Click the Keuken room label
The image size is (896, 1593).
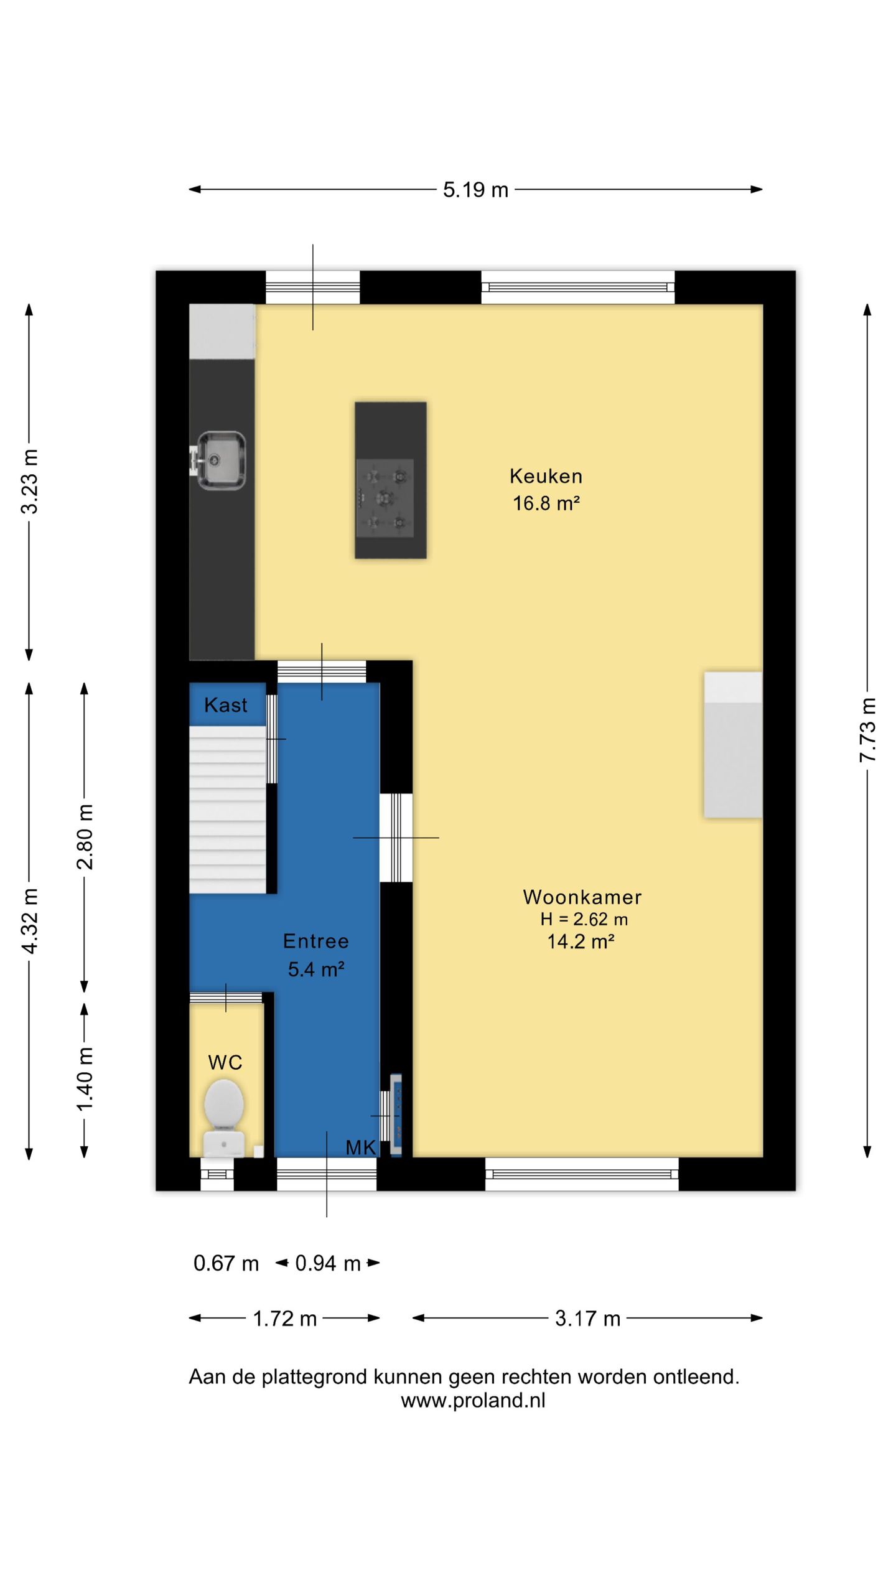tap(546, 476)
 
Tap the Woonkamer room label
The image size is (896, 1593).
tap(582, 897)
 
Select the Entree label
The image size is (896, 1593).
tap(315, 941)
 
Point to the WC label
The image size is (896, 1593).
tap(225, 1062)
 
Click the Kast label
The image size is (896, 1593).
tap(225, 705)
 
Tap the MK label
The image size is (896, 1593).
tap(361, 1147)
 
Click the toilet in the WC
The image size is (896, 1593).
tap(224, 1118)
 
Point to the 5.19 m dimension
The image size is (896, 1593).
tap(475, 190)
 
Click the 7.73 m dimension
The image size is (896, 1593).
tap(867, 730)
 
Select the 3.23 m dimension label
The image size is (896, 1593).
tap(29, 481)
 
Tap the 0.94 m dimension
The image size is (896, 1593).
tap(328, 1263)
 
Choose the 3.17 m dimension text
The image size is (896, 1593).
tap(587, 1319)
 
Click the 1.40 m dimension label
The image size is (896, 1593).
tap(85, 1078)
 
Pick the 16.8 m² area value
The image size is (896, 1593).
tap(546, 503)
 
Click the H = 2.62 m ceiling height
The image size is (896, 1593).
tap(584, 919)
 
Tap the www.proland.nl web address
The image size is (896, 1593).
tap(473, 1400)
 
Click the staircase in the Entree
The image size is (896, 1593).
tap(228, 810)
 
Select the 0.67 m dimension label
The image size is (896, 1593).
tap(226, 1263)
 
